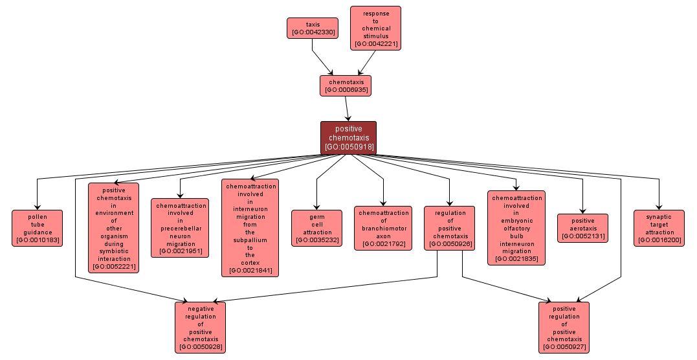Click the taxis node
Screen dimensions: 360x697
313,28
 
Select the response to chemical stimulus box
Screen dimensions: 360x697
375,28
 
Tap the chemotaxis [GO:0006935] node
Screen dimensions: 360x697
346,85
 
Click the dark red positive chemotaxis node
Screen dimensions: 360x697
348,137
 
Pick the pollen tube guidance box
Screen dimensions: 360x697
38,228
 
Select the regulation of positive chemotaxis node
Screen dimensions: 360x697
450,228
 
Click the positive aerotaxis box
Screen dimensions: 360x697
582,228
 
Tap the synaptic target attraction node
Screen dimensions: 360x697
659,228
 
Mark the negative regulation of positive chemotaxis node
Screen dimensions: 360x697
201,327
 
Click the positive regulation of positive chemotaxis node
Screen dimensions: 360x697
564,327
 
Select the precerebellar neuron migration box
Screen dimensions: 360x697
180,228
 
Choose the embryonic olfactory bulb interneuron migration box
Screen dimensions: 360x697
516,228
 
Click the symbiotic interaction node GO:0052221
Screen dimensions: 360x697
113,228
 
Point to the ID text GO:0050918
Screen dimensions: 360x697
348,147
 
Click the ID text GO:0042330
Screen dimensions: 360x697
313,32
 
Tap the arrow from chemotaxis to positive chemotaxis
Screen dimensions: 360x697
348,109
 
